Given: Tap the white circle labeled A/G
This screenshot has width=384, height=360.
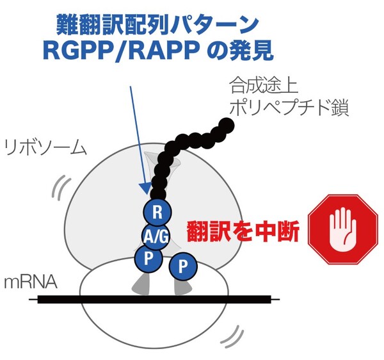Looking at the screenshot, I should tap(156, 236).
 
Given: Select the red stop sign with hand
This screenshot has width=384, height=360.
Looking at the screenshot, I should tap(342, 232).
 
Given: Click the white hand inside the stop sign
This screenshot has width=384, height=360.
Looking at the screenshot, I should tap(342, 232).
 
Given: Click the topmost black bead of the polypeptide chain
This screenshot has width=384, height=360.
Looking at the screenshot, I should tap(226, 124).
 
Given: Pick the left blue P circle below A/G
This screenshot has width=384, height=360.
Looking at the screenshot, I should tap(147, 258).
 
